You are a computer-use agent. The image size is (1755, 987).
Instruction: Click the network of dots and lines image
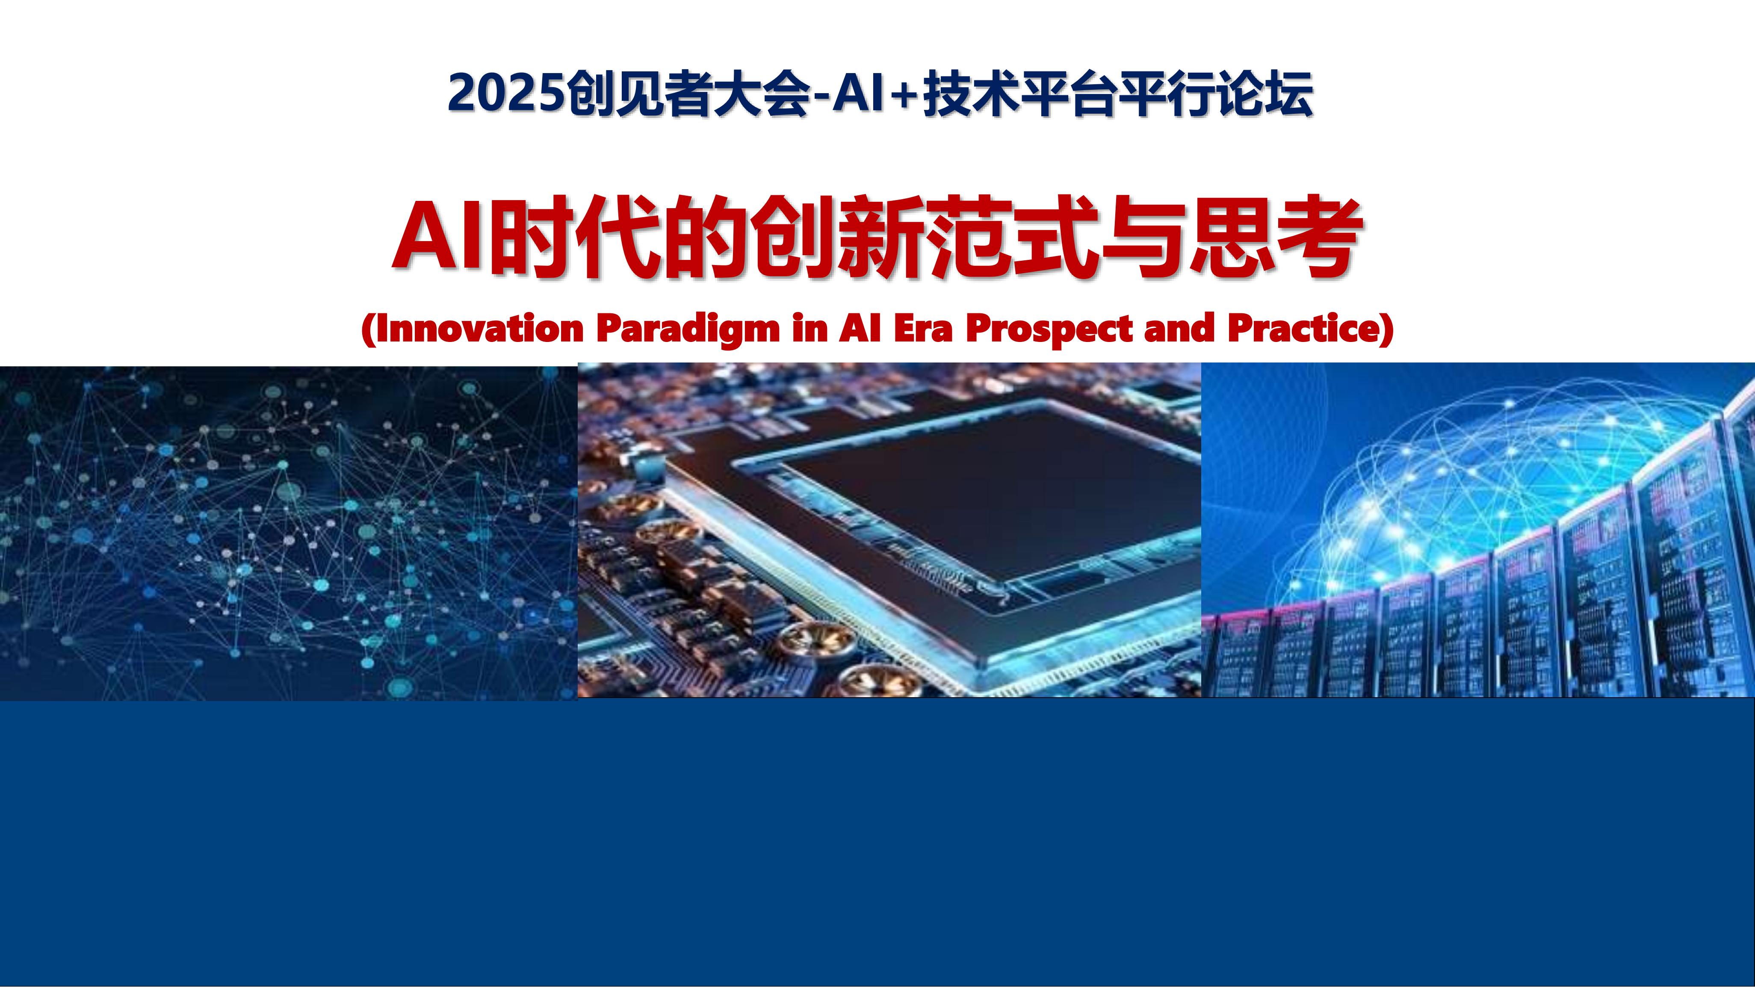tap(286, 531)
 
